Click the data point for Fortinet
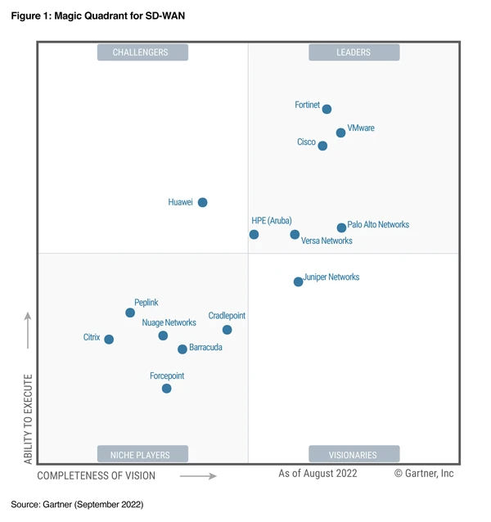[327, 109]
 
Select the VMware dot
[340, 133]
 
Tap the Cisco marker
[322, 146]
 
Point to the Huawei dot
[202, 202]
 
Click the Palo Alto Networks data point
[341, 227]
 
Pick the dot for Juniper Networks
[299, 281]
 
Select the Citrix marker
[109, 339]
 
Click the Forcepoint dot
[166, 389]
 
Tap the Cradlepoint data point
[227, 330]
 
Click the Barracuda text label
[205, 348]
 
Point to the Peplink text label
[146, 303]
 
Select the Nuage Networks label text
[169, 323]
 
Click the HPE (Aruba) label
[272, 221]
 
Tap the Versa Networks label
[327, 241]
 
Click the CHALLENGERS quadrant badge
[142, 52]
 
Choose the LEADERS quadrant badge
[354, 52]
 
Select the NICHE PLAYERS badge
[142, 454]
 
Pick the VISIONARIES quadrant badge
[354, 454]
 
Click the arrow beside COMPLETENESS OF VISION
[198, 475]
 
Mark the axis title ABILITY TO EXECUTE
[28, 419]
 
